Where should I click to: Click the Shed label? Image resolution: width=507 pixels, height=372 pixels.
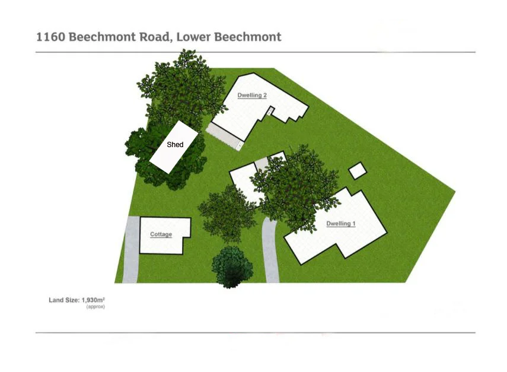[175, 145]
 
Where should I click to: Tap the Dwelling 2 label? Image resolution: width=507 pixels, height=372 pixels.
[252, 96]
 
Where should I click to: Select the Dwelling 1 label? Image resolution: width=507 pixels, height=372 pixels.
[341, 224]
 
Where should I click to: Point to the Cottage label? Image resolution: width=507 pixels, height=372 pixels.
[161, 234]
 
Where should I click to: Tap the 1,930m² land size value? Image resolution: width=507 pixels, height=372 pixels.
[93, 300]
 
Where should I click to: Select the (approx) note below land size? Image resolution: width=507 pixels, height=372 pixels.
[95, 307]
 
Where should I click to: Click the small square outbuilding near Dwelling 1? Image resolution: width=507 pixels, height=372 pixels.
[358, 170]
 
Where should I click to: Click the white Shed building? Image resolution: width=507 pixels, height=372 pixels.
[174, 147]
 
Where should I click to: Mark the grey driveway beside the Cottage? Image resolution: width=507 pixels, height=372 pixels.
[131, 250]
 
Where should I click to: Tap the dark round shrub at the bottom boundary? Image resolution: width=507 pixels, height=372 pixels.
[232, 267]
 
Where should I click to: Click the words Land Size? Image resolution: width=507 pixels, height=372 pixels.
[64, 300]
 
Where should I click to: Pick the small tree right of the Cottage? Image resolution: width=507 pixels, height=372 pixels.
[227, 214]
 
